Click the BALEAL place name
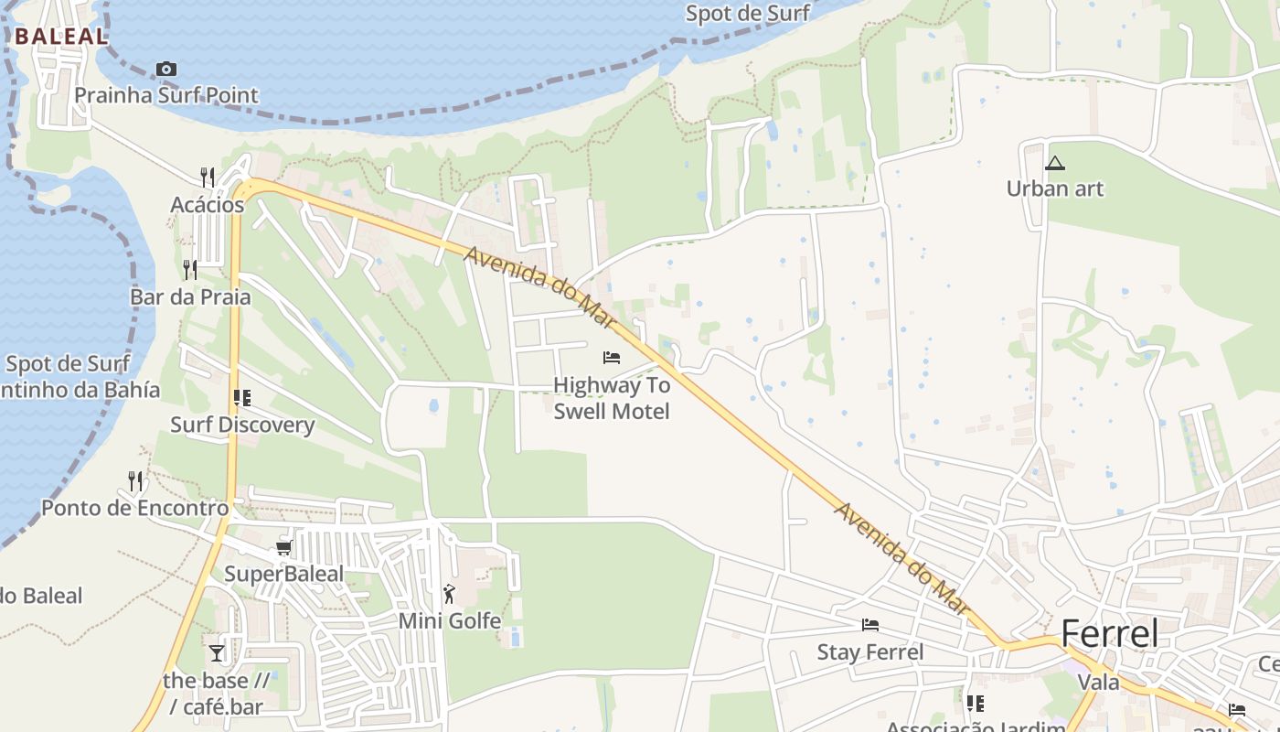61,38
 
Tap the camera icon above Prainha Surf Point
165,70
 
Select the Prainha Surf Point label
165,95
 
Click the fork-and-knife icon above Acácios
208,177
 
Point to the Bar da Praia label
190,297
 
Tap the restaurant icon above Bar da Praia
190,269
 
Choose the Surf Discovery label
242,425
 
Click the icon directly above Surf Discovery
242,398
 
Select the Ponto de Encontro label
134,508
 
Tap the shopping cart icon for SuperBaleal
283,548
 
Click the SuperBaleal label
283,575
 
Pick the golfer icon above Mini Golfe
449,595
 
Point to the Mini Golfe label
449,621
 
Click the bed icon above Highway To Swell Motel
612,358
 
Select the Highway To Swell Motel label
612,398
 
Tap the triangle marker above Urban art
1055,164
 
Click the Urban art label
1055,189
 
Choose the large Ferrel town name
1109,633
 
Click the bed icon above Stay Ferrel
870,625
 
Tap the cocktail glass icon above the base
217,652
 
